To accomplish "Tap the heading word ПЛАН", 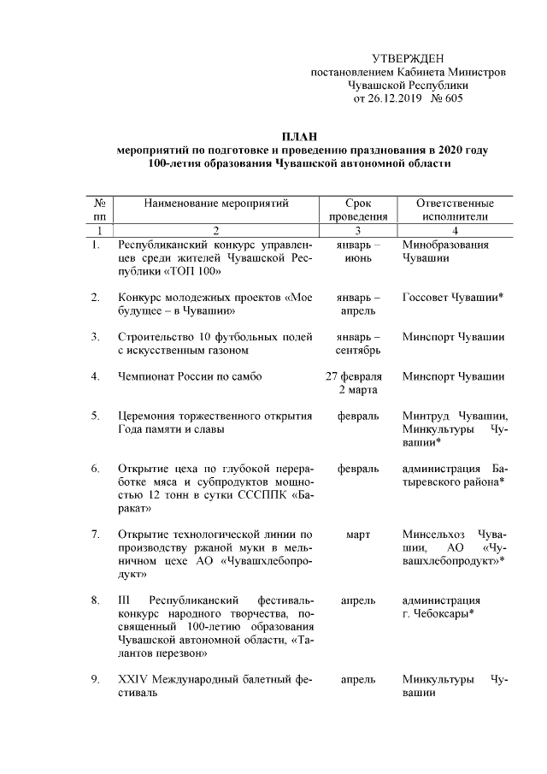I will point(299,136).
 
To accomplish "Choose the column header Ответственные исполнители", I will point(455,210).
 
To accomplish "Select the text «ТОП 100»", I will point(193,272).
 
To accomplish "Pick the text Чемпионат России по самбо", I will point(189,376).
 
